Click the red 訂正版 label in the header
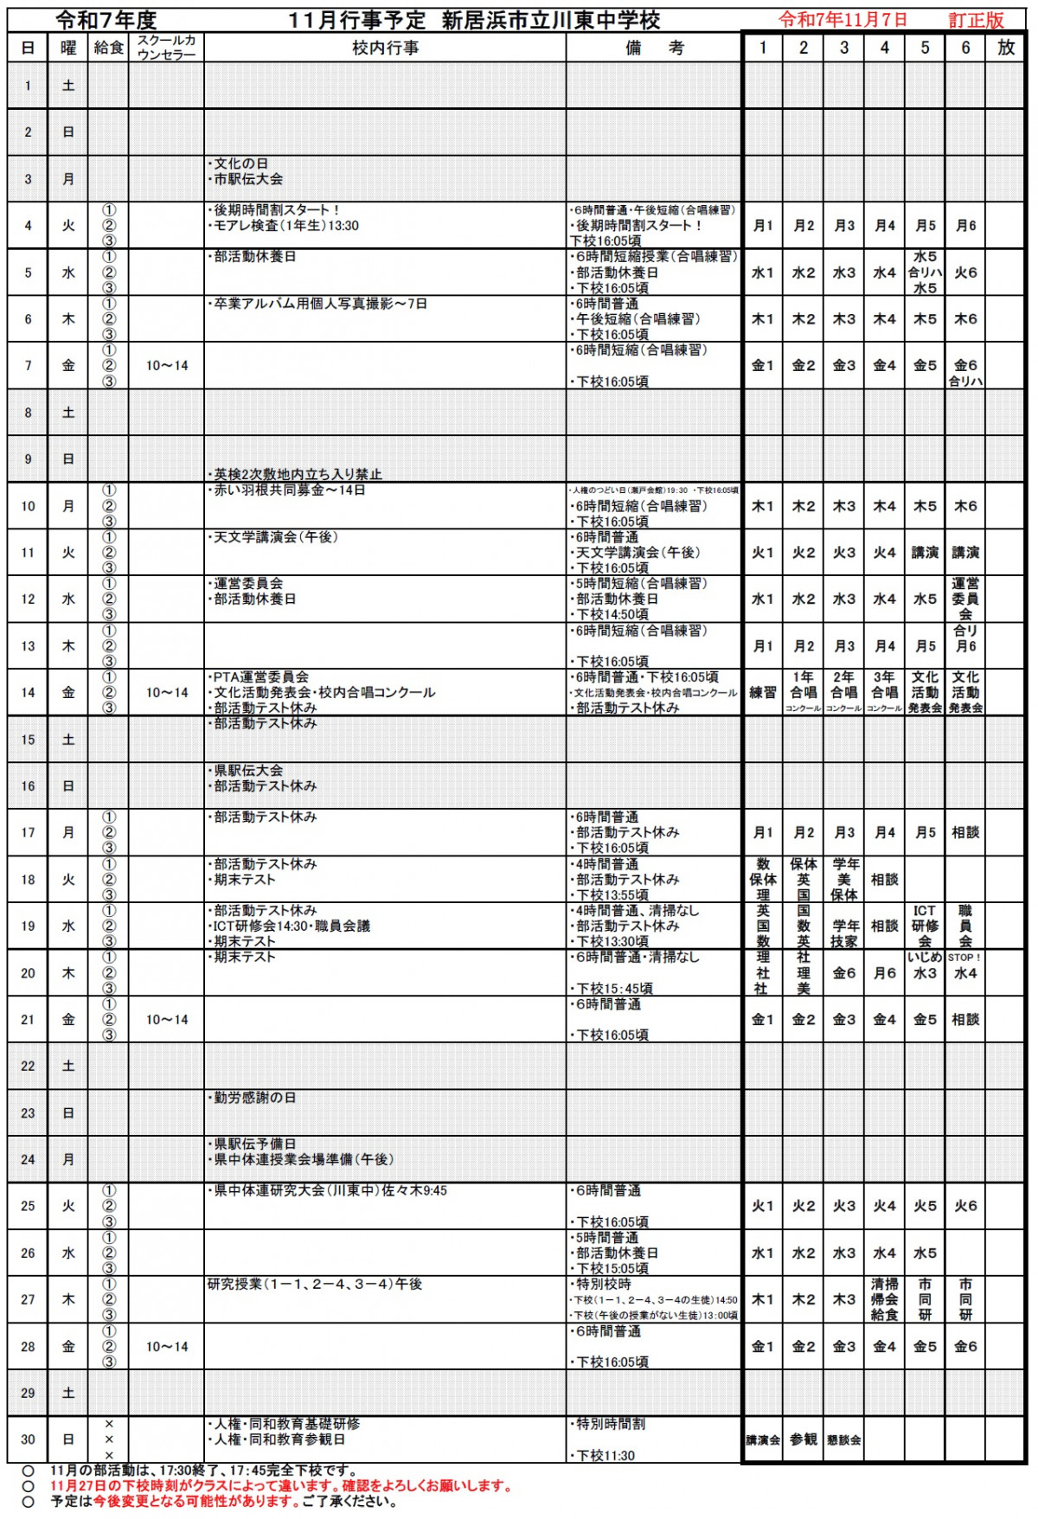tap(976, 20)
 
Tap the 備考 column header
tap(654, 48)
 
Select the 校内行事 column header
tap(385, 48)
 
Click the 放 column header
tap(1006, 48)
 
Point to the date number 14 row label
tap(28, 693)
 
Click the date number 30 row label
tap(28, 1439)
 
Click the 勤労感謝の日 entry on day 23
tap(254, 1098)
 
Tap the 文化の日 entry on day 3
tap(240, 163)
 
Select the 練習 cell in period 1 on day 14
tap(762, 693)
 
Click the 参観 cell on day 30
tap(803, 1439)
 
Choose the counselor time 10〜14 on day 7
tap(167, 366)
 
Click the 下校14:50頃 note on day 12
tap(612, 614)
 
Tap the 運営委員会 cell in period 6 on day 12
tap(965, 599)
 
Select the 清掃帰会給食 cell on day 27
tap(884, 1299)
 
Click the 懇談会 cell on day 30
tap(843, 1440)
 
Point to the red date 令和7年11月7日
tap(843, 19)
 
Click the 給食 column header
tap(108, 48)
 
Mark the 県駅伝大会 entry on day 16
tap(248, 770)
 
